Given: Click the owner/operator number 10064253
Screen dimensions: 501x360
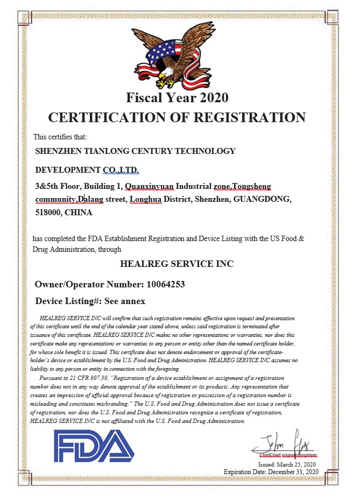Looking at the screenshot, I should (165, 284).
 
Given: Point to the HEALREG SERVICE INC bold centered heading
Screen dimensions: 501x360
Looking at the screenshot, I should (177, 264).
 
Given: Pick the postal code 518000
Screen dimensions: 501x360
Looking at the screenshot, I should (47, 213).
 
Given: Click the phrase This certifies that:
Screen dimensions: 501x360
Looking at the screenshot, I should (57, 137).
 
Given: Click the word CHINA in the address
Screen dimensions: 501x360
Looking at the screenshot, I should (79, 213).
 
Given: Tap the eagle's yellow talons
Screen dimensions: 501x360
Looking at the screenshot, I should (168, 83).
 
